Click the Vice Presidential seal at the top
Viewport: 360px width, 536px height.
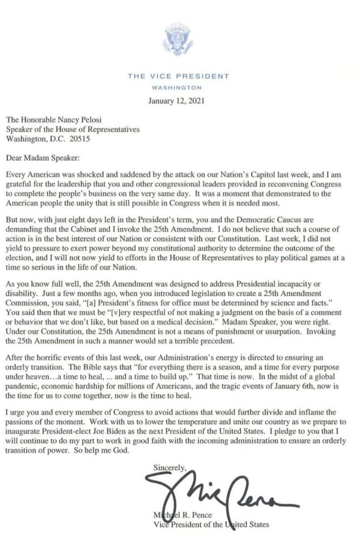click(178, 40)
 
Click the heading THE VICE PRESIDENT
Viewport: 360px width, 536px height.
click(178, 76)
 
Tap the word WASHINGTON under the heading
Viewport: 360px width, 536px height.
click(176, 88)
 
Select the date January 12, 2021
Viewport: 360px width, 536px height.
click(176, 100)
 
